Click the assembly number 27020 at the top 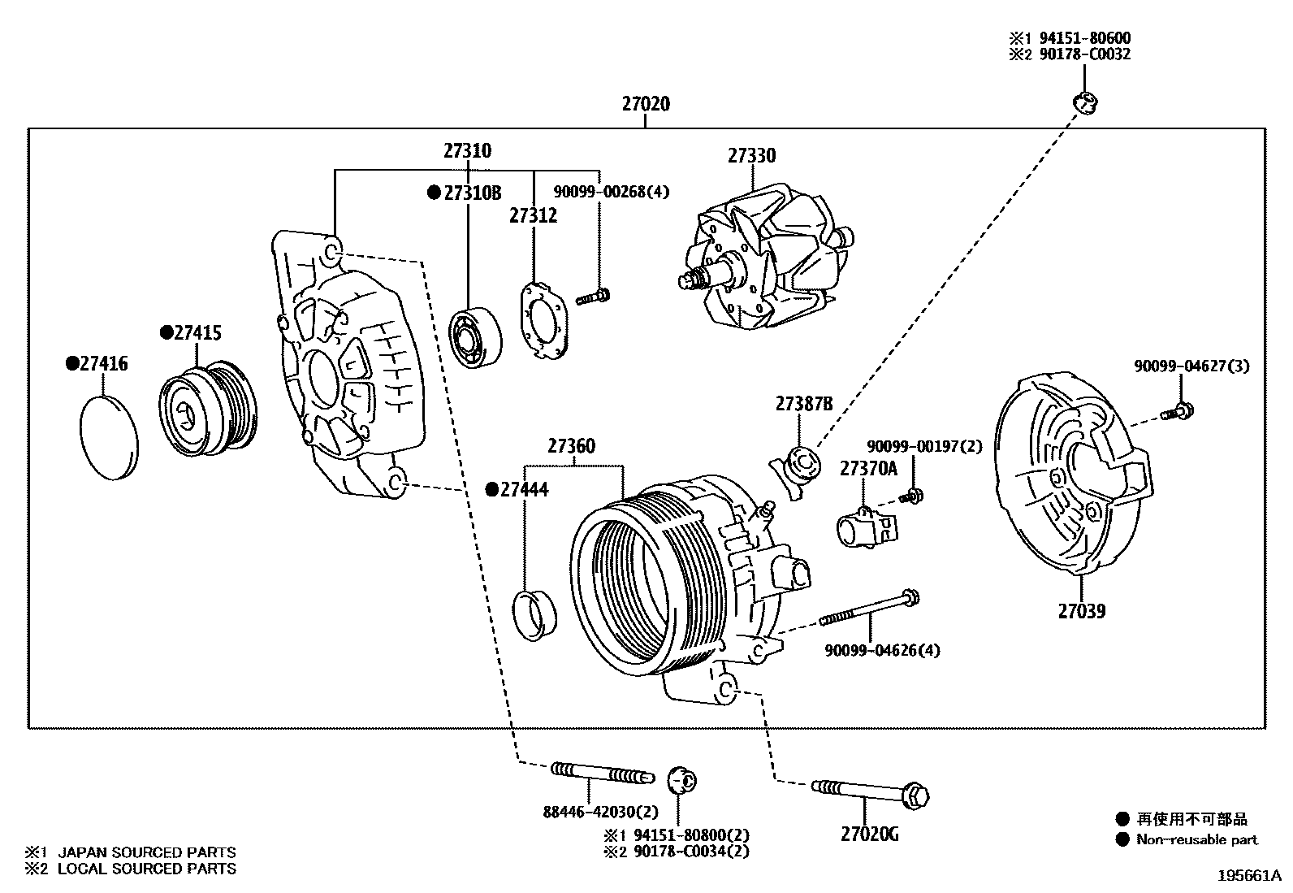pyautogui.click(x=646, y=104)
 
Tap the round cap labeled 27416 pyautogui.click(x=110, y=438)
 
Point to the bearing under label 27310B pyautogui.click(x=475, y=337)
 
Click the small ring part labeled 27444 pyautogui.click(x=536, y=615)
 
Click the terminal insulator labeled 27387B pyautogui.click(x=797, y=470)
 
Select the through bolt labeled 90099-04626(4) pyautogui.click(x=869, y=610)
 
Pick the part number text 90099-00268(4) pyautogui.click(x=612, y=193)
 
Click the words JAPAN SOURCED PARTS pyautogui.click(x=146, y=852)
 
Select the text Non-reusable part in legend pyautogui.click(x=1196, y=839)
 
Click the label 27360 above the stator pyautogui.click(x=571, y=446)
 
